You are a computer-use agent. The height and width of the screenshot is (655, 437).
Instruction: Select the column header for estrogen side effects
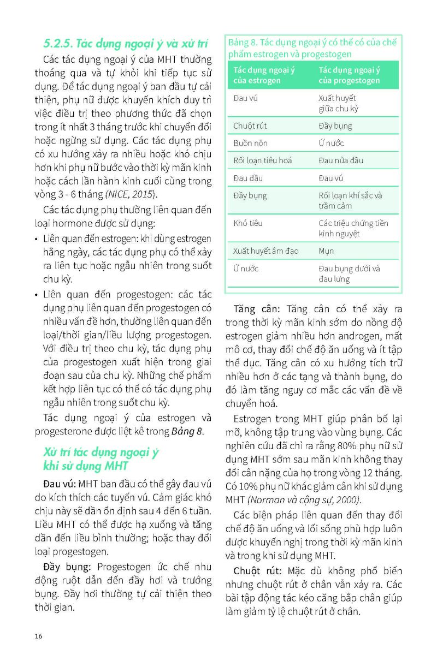[264, 75]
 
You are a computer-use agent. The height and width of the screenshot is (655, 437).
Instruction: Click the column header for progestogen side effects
[350, 75]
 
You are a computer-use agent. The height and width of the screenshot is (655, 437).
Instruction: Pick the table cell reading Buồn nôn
[250, 143]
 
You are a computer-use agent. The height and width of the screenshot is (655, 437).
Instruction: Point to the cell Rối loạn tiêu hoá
[262, 160]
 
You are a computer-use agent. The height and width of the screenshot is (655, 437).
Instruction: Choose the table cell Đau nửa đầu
[341, 160]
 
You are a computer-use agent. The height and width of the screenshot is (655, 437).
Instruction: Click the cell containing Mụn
[326, 251]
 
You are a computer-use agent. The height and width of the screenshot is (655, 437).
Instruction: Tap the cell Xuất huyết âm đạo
[265, 251]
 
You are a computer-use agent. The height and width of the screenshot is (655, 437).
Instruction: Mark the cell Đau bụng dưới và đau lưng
[350, 273]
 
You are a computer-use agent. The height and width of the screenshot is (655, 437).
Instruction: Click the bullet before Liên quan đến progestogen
[37, 295]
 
